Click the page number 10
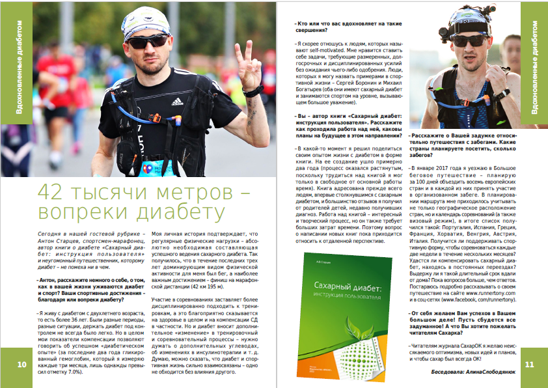click(x=21, y=364)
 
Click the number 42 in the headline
click(x=51, y=193)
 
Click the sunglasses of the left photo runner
click(x=146, y=42)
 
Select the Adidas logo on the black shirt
click(x=176, y=101)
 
